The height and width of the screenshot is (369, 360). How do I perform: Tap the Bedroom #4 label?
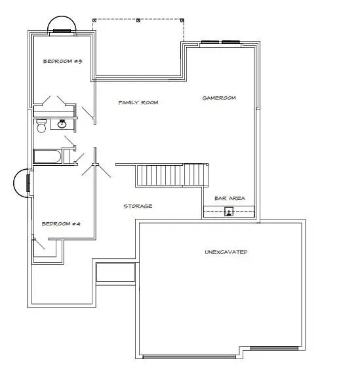60,223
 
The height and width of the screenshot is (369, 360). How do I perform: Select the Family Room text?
138,102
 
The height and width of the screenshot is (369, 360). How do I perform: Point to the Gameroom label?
218,98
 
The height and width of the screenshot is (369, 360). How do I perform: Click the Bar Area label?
230,198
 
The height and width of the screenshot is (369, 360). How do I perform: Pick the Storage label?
138,206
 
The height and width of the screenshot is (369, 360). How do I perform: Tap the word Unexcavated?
226,252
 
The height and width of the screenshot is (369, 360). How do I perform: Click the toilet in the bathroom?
41,127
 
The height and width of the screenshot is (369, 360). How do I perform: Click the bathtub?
47,157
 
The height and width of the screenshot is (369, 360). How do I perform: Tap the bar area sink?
229,211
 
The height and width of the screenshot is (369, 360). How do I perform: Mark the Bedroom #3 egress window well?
62,24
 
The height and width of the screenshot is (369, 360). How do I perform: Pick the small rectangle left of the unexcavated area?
115,273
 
